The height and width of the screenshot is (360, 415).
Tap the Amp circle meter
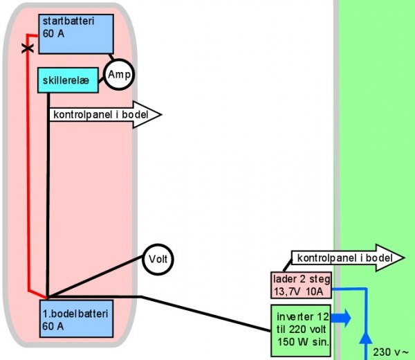118,74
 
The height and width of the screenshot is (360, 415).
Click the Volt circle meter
158,260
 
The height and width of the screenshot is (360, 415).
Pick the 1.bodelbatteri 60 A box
75,319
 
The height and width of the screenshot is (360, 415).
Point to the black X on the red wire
28,48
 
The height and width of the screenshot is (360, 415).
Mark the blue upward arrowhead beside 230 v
365,337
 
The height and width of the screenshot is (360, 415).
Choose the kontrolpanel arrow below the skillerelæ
104,115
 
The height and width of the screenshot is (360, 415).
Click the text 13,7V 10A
301,291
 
